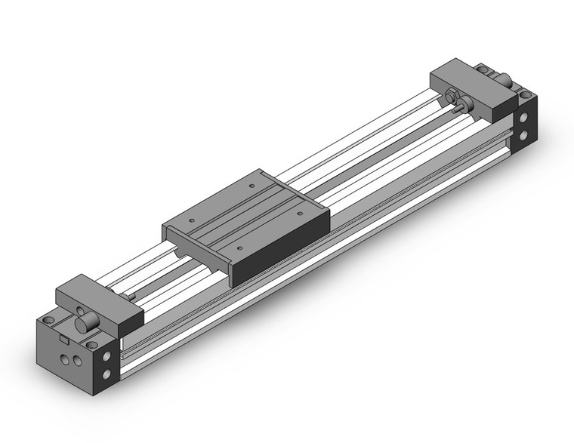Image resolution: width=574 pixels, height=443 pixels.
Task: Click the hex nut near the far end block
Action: [x=452, y=96]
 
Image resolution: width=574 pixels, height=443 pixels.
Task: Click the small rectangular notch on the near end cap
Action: [x=53, y=341]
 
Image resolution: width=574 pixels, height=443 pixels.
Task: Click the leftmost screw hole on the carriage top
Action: [x=191, y=220]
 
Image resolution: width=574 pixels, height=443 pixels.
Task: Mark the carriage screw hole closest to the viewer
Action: [x=239, y=247]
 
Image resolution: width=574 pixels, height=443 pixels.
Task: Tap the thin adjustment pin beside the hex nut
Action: [x=459, y=109]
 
